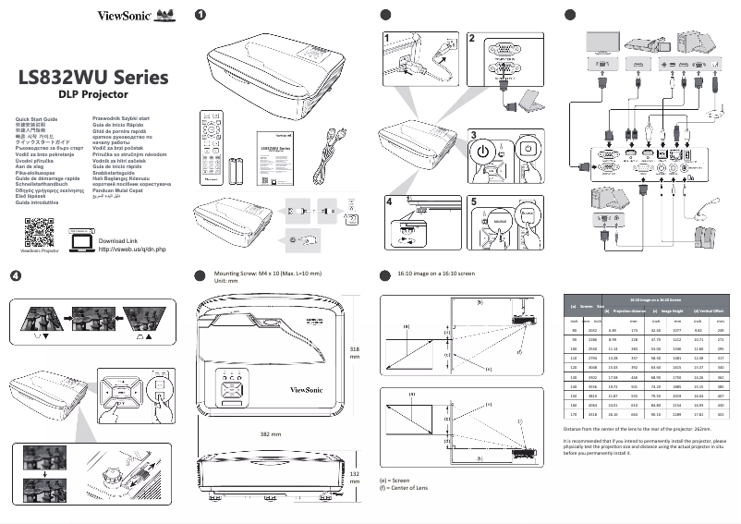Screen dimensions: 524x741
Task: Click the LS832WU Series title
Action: pos(92,77)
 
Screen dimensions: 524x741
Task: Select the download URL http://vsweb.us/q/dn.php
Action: pos(131,250)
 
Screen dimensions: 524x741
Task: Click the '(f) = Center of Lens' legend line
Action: pos(404,488)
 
